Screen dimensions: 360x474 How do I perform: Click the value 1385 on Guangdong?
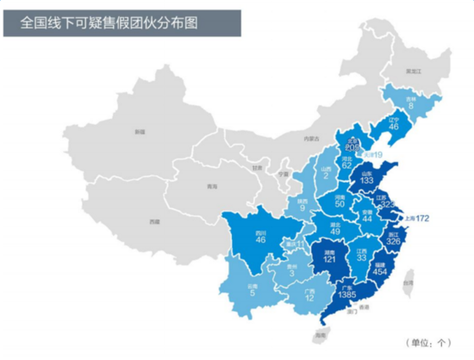pos(348,295)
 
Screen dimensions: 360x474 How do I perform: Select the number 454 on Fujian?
pos(380,270)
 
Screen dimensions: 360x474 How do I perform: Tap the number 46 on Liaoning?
pos(394,127)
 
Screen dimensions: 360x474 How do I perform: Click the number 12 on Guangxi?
pos(309,298)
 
